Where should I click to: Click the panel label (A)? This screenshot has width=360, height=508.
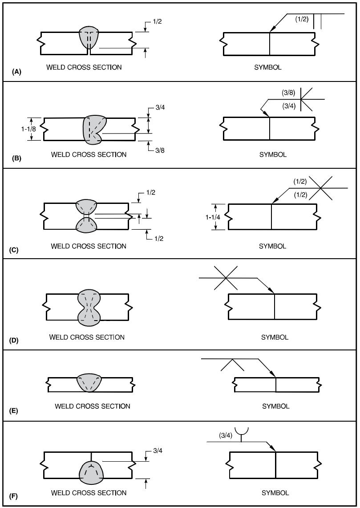(16, 71)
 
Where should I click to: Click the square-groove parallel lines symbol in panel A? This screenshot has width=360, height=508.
(317, 21)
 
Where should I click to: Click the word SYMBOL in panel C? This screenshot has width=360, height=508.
(272, 246)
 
